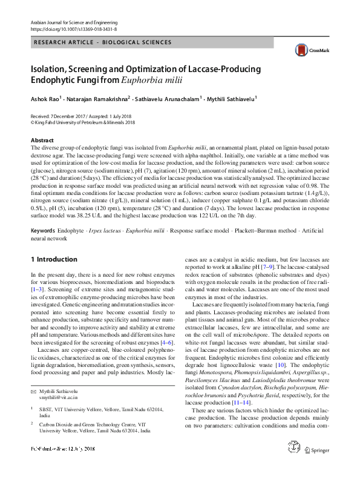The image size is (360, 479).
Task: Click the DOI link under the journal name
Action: pos(73,29)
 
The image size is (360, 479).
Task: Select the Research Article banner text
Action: pos(103,42)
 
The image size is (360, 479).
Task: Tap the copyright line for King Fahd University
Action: pos(85,121)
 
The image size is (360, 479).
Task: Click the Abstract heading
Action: pos(42,140)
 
